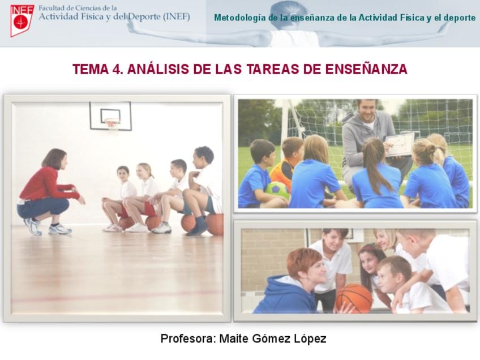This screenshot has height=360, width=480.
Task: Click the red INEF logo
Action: click(x=22, y=21)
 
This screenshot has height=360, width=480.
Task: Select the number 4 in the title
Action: click(x=117, y=70)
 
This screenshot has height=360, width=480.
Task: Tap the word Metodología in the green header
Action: click(x=239, y=18)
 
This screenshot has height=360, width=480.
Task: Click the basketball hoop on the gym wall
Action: click(x=112, y=123)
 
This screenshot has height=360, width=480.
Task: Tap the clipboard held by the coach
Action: click(x=399, y=144)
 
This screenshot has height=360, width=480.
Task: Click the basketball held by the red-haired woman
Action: click(x=354, y=298)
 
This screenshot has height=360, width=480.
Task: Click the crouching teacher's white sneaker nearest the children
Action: click(x=61, y=229)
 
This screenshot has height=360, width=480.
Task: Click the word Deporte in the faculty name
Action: click(x=144, y=16)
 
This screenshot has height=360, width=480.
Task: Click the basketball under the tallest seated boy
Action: click(x=215, y=224)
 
